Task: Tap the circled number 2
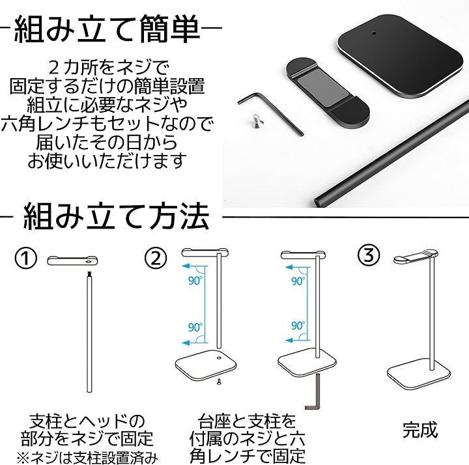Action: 156,259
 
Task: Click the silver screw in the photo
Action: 254,121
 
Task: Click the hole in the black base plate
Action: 374,33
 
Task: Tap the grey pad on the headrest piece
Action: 322,89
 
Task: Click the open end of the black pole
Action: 319,201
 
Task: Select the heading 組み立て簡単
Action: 107,29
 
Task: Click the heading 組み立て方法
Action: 116,216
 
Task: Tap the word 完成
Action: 420,430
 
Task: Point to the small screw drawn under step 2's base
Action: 220,381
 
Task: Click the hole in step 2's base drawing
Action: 219,358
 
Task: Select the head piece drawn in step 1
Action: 72,261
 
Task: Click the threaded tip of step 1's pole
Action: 89,274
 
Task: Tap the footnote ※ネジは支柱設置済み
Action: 87,457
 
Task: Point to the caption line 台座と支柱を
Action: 247,421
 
